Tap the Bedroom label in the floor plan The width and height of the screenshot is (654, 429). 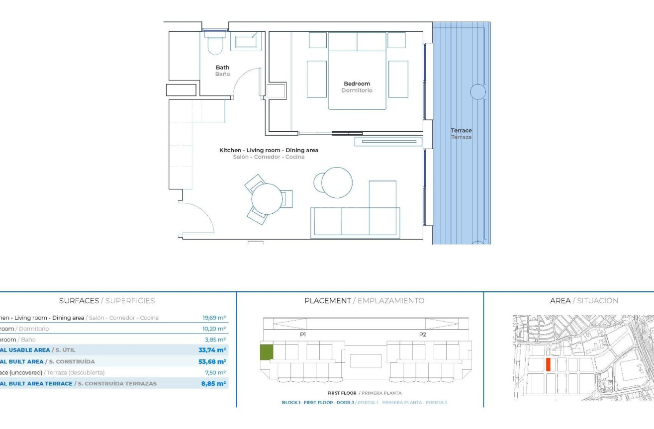pos(357,84)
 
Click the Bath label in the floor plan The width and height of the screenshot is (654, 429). pos(222,68)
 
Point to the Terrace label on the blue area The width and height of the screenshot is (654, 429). pos(461,131)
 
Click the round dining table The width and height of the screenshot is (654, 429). pos(267,199)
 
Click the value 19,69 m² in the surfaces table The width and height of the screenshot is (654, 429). pos(214,318)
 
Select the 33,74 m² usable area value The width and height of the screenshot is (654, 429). pos(212,350)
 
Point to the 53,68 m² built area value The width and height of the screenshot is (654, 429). pos(212,361)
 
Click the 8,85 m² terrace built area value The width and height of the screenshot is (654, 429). pos(214,383)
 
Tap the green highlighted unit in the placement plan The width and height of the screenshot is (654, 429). pos(266,352)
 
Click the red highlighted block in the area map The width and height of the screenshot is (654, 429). pos(548,364)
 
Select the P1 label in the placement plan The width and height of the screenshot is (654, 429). pos(302,335)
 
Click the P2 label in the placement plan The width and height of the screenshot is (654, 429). pos(422,335)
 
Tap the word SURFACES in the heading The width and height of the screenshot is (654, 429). pos(79,301)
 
